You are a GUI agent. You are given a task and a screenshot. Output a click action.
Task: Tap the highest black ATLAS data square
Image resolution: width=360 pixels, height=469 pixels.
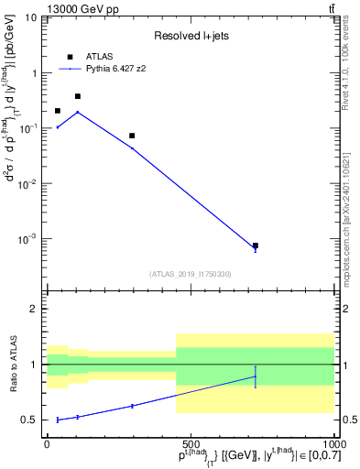[x=78, y=96]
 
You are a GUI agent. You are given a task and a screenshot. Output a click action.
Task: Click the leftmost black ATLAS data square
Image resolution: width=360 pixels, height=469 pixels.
[x=58, y=111]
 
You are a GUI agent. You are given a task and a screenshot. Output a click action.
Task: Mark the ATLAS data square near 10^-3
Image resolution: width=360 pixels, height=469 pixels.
[x=256, y=245]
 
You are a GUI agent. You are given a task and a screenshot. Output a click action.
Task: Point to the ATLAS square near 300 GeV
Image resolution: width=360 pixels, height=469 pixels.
[x=132, y=136]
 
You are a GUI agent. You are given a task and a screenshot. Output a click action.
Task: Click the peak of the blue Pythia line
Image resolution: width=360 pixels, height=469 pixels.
[x=78, y=112]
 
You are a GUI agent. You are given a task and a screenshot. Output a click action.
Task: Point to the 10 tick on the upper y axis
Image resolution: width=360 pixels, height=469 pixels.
[x=31, y=17]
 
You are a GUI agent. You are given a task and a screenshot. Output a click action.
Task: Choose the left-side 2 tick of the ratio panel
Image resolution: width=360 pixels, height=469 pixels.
[x=35, y=310]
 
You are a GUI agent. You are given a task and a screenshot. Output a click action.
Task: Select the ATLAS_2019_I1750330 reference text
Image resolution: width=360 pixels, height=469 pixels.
[x=190, y=274]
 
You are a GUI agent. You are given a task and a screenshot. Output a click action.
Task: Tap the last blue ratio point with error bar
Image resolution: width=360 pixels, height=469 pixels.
[x=256, y=376]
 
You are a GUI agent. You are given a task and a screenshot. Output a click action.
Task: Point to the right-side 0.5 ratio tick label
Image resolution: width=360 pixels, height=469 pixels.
[x=349, y=420]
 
